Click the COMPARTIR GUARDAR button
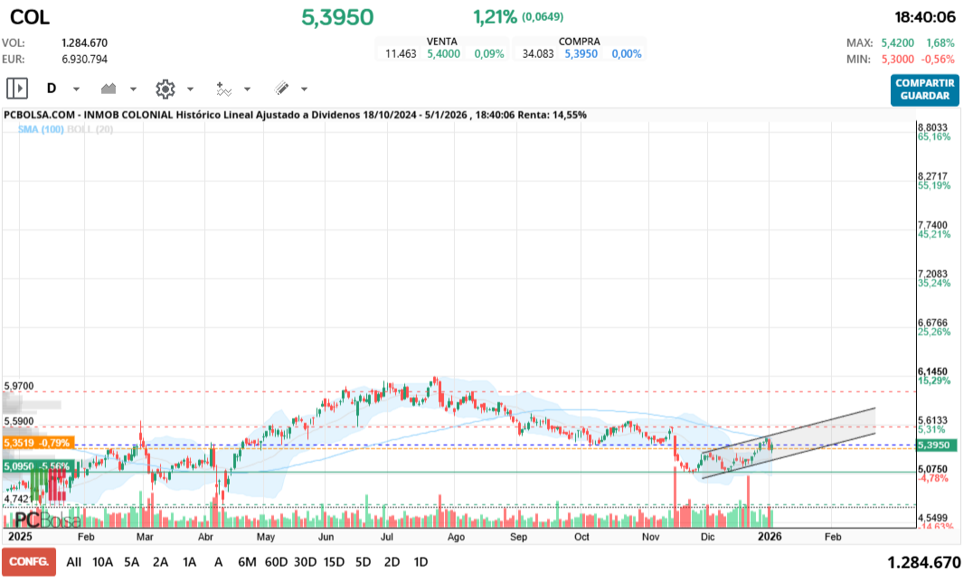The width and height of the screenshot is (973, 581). pyautogui.click(x=924, y=89)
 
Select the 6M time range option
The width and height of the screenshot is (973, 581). pyautogui.click(x=247, y=561)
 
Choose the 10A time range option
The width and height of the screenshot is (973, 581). pyautogui.click(x=103, y=561)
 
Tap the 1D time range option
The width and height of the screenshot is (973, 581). pyautogui.click(x=420, y=561)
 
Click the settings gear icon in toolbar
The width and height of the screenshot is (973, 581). pyautogui.click(x=165, y=89)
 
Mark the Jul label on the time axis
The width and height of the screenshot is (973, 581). pyautogui.click(x=386, y=536)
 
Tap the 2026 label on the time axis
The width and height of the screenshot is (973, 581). pyautogui.click(x=769, y=536)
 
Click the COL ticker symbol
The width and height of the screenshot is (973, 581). pyautogui.click(x=30, y=17)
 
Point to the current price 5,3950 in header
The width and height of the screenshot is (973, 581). pyautogui.click(x=337, y=17)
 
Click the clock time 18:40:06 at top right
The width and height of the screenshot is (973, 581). pyautogui.click(x=925, y=17)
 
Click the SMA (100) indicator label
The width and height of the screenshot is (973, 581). pyautogui.click(x=42, y=130)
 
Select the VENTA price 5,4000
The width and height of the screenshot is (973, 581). pyautogui.click(x=443, y=53)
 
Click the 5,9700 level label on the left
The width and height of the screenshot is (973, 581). pyautogui.click(x=19, y=386)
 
